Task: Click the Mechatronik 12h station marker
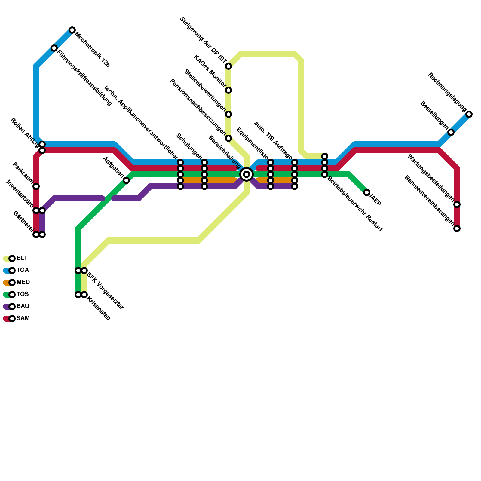click(72, 30)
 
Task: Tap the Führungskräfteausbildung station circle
click(54, 48)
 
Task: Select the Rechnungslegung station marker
click(469, 114)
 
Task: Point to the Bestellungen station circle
click(451, 132)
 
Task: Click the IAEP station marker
click(367, 192)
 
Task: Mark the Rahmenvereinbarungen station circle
click(457, 228)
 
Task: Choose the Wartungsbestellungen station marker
click(457, 204)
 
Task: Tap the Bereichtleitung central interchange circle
click(247, 174)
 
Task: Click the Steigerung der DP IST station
click(228, 66)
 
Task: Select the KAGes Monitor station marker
click(228, 90)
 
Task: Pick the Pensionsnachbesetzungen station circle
click(228, 138)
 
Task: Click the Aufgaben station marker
click(126, 180)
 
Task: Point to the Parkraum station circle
click(36, 186)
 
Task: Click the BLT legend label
click(22, 258)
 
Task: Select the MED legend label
click(23, 282)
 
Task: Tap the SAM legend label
click(23, 318)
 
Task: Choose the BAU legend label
click(23, 306)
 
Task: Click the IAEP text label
click(375, 201)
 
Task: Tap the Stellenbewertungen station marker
click(228, 114)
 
